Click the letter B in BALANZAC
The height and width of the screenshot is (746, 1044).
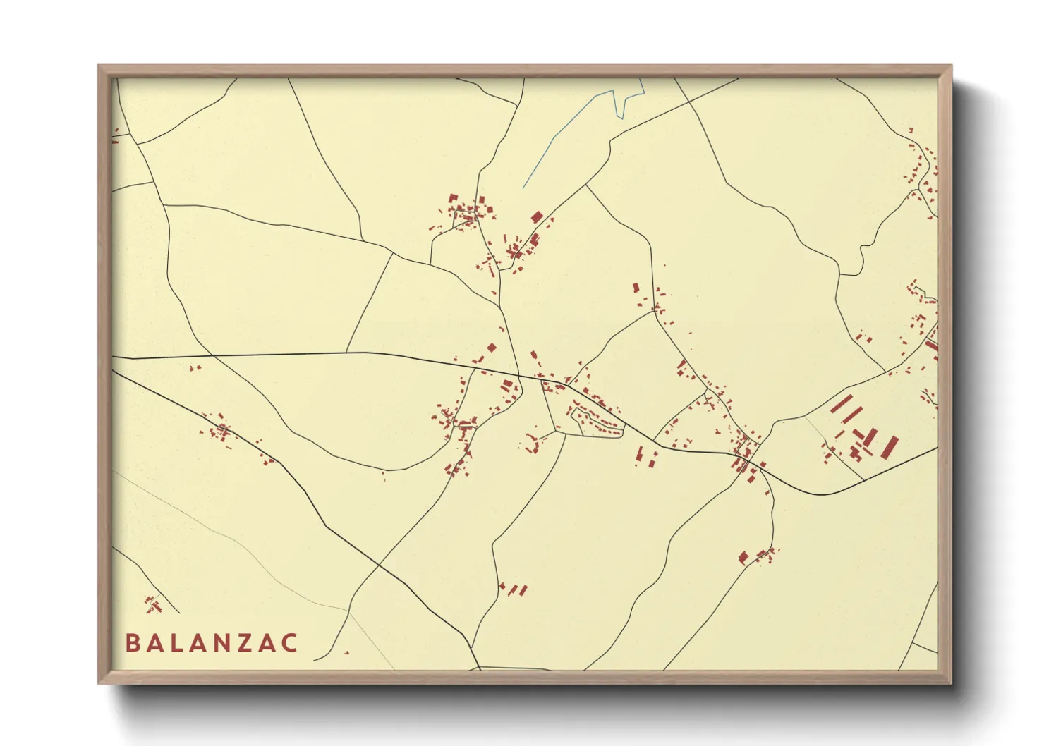coord(132,643)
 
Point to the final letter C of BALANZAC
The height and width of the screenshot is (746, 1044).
coord(289,643)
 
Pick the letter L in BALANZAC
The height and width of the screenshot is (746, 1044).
coord(176,643)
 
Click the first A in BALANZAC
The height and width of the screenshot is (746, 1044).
coord(154,643)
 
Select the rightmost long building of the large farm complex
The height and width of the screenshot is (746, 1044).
coord(891,446)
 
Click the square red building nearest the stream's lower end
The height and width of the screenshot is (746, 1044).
coord(537,216)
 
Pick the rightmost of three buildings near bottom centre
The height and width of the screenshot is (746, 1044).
coord(523,589)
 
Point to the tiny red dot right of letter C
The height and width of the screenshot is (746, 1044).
coord(346,652)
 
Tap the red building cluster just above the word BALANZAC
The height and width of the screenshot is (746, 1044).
coord(153,604)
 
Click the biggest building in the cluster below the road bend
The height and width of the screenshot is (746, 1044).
coord(743,558)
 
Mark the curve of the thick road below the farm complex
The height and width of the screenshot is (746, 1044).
coord(822,494)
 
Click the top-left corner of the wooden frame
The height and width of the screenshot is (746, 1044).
coord(99,66)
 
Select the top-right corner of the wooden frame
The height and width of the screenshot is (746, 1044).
coord(951,66)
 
